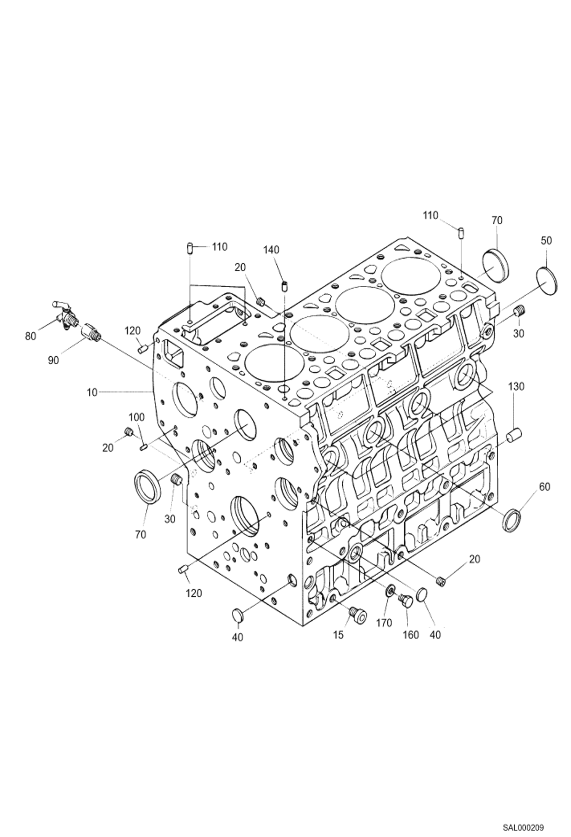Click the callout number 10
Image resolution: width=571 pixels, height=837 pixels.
click(93, 392)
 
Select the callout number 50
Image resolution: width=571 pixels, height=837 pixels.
click(546, 241)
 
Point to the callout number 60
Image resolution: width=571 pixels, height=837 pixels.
click(545, 487)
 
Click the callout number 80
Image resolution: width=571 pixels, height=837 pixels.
click(30, 336)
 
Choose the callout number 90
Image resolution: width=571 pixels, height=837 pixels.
click(53, 360)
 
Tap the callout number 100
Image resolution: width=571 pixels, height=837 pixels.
click(136, 417)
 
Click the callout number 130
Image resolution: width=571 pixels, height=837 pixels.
click(516, 386)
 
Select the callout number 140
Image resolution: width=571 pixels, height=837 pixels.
click(271, 249)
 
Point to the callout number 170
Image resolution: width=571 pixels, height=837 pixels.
click(384, 623)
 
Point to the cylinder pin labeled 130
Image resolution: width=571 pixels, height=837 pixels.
click(514, 435)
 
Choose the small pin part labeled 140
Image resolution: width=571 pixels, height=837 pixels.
click(284, 285)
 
